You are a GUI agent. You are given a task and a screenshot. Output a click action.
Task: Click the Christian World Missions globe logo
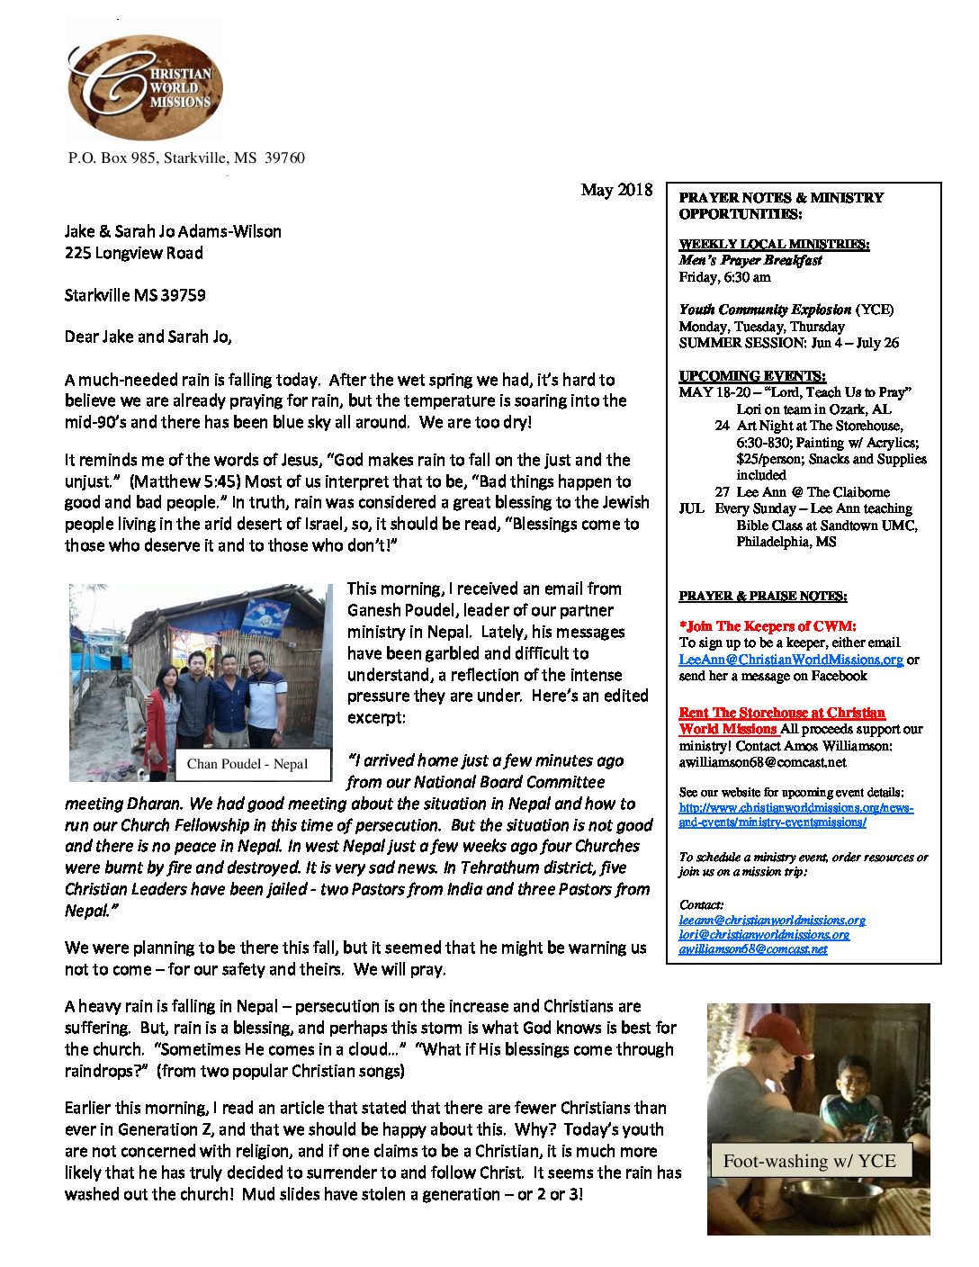145,84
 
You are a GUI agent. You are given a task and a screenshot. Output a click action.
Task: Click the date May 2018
616,190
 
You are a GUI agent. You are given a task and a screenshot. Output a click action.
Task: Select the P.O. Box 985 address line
186,158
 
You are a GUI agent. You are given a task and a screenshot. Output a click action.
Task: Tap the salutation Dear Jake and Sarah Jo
148,337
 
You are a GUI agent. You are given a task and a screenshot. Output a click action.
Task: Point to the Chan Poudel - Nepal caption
247,764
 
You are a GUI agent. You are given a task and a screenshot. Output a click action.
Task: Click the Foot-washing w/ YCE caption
809,1162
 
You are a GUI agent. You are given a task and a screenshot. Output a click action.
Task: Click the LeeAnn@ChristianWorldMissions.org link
791,660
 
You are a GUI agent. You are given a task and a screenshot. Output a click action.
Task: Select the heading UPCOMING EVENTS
752,376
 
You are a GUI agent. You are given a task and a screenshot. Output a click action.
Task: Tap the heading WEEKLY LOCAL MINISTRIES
774,244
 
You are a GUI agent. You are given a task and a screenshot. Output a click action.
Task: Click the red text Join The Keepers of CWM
768,626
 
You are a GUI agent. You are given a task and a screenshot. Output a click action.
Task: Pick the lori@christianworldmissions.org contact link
764,935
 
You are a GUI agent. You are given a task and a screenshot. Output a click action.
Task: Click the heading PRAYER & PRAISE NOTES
762,596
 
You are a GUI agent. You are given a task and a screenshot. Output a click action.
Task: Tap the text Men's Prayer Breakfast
750,260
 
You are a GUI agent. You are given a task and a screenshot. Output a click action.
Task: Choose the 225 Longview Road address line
133,254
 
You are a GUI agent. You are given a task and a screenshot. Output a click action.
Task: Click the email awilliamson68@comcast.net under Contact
752,949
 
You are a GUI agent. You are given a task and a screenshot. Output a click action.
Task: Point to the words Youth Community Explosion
765,310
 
